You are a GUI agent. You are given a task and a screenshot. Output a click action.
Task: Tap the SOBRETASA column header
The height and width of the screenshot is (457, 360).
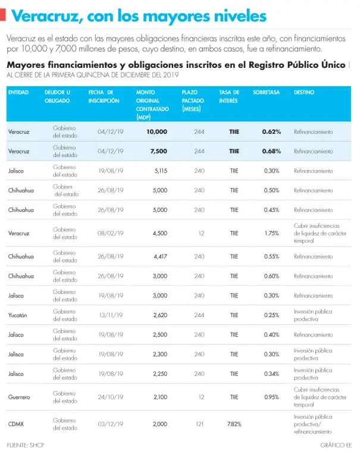(x=266, y=93)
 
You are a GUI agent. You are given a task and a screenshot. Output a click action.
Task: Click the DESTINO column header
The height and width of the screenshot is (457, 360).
(x=304, y=93)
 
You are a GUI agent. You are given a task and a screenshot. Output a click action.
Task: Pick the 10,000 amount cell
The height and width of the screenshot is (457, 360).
(x=156, y=132)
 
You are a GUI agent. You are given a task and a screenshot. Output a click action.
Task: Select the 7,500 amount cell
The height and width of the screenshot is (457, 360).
(x=158, y=151)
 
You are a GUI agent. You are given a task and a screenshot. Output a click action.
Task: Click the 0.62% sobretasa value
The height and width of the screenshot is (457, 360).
(x=271, y=132)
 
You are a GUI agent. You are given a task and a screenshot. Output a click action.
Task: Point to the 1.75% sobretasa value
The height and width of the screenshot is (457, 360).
(x=272, y=233)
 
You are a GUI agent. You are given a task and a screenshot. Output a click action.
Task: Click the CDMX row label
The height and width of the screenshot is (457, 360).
(x=17, y=424)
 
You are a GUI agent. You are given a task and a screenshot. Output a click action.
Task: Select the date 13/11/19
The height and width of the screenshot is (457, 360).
(x=111, y=315)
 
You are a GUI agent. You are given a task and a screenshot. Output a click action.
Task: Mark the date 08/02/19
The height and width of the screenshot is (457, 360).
(x=111, y=233)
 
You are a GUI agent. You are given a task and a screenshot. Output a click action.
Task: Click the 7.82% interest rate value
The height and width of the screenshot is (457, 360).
(x=233, y=424)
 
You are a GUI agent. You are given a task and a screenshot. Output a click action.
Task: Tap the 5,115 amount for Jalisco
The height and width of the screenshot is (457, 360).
(x=160, y=171)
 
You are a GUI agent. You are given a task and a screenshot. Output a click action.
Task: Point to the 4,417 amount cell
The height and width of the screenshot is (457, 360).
(x=160, y=256)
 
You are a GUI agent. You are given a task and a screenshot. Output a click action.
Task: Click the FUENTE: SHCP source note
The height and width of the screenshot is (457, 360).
(x=26, y=445)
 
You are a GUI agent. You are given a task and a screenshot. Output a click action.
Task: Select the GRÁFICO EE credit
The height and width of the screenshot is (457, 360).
(x=336, y=445)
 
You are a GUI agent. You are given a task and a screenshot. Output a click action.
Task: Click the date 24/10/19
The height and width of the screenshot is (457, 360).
(x=111, y=397)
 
